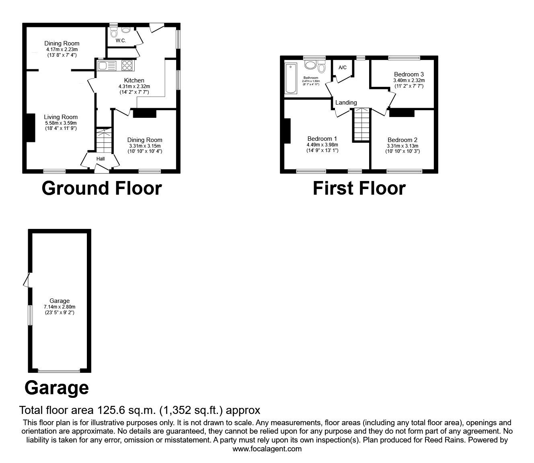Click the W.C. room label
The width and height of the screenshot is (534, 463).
tap(121, 41)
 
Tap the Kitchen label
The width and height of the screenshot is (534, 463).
tap(134, 80)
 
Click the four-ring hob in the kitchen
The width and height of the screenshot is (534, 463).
tap(127, 66)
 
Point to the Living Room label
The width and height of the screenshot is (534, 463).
tap(61, 117)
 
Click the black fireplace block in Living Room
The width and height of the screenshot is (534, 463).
tap(31, 128)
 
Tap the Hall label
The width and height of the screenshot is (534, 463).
tap(101, 159)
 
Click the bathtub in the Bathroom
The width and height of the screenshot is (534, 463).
tap(290, 78)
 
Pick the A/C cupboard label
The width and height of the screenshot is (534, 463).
tap(343, 68)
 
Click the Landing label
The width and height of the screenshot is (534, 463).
tap(346, 103)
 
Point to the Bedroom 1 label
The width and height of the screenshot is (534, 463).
tap(322, 139)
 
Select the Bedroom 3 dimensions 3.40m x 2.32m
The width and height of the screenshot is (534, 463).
tap(409, 80)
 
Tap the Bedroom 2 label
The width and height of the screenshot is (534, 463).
tap(402, 140)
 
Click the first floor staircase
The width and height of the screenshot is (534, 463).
tap(361, 124)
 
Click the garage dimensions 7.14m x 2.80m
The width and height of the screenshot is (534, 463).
tap(60, 307)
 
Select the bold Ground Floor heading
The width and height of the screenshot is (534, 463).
tap(101, 188)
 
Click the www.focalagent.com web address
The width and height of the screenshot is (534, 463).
tap(267, 449)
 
